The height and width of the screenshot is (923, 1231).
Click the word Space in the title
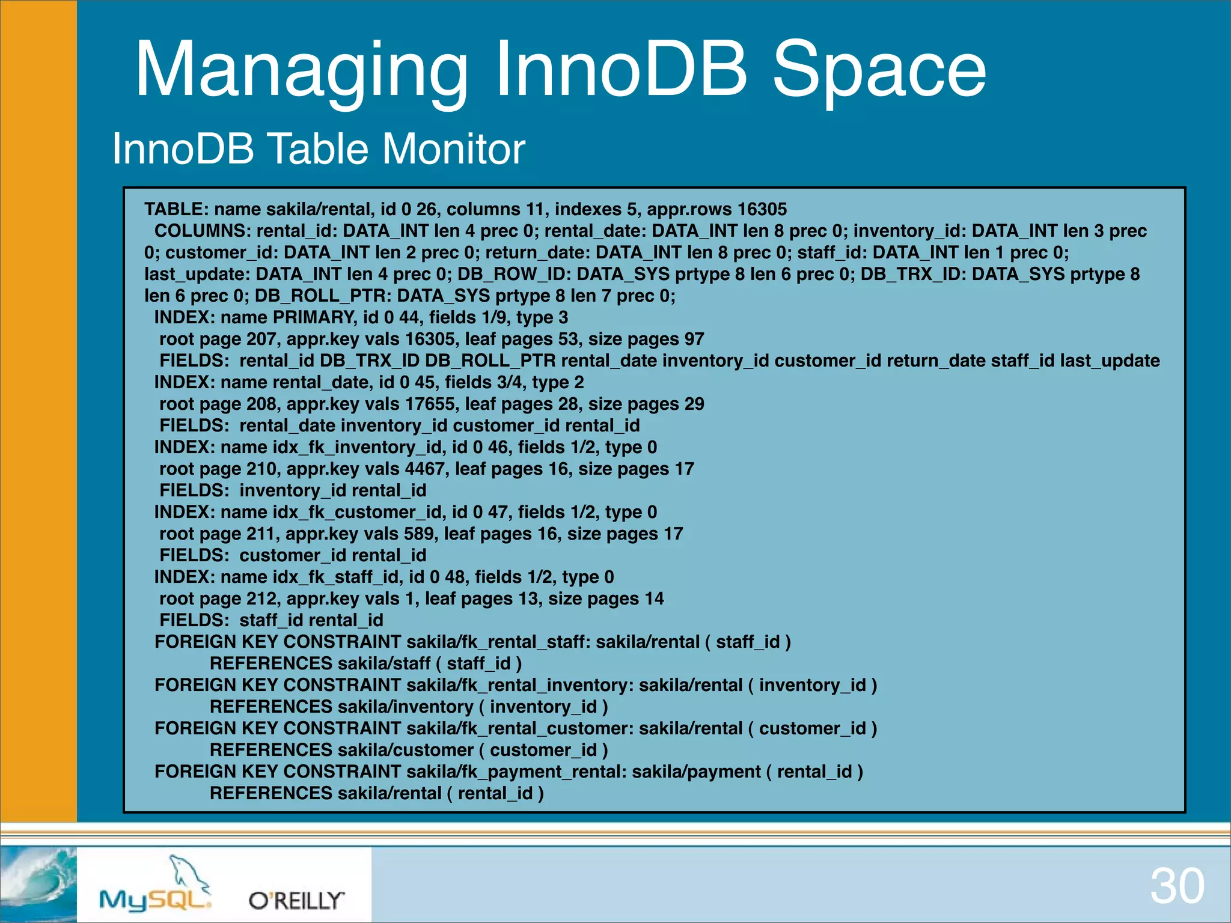coord(879,69)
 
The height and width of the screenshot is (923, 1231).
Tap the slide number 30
coord(1177,886)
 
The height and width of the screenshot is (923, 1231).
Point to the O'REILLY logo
coord(296,900)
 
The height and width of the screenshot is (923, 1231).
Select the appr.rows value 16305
coord(762,209)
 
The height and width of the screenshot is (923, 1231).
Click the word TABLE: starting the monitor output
coord(176,209)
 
